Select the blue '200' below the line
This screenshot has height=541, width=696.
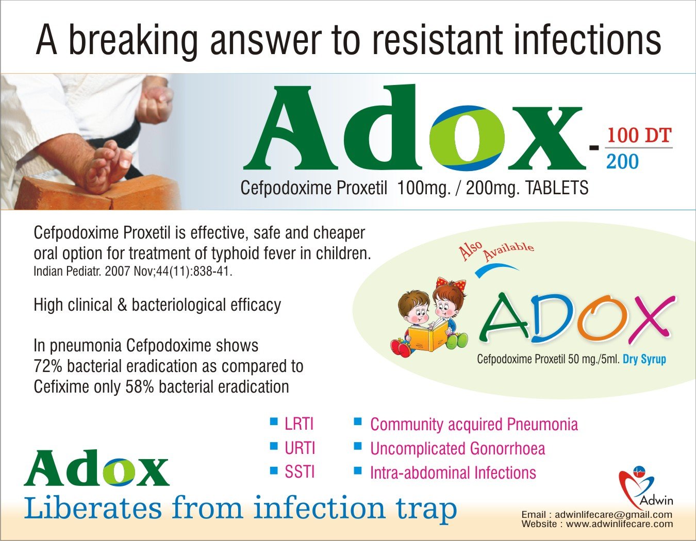tap(622, 162)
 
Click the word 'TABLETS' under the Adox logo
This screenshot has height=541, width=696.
tap(556, 188)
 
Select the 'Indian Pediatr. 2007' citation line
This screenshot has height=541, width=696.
tap(132, 272)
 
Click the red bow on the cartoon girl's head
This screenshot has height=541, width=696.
tap(451, 284)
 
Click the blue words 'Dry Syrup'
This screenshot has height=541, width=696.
tap(644, 359)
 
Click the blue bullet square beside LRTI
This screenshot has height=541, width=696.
tap(274, 421)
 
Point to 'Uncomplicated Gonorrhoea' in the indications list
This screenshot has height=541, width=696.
tap(458, 448)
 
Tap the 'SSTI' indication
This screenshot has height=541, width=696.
tap(300, 472)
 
